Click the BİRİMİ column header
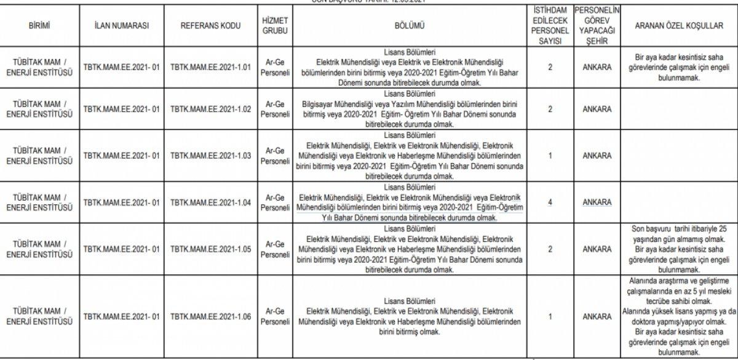(39, 26)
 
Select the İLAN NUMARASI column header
(121, 26)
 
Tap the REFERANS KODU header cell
(210, 26)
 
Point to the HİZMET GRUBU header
(275, 26)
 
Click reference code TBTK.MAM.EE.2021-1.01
(210, 67)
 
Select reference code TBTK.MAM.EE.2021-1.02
(210, 110)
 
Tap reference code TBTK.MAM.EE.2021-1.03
(210, 156)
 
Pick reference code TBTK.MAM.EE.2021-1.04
(210, 202)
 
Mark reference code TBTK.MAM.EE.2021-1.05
(210, 249)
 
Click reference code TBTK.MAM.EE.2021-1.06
(210, 316)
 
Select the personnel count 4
(550, 202)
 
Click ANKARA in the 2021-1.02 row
(597, 110)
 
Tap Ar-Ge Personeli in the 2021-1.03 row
(275, 156)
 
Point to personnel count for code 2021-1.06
(550, 316)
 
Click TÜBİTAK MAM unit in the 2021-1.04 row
(39, 202)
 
